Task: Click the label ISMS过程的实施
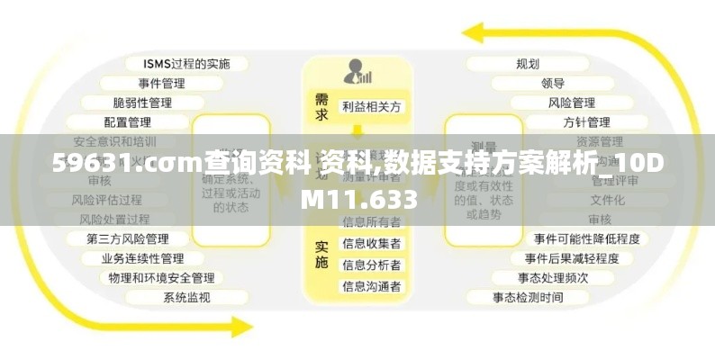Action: point(186,64)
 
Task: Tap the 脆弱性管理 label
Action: point(142,103)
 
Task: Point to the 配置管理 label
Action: point(127,121)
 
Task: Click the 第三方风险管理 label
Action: point(127,238)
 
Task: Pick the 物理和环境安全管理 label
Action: point(161,278)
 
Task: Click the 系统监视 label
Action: point(186,297)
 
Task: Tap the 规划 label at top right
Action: point(528,64)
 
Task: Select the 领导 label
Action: point(553,83)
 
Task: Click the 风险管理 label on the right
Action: point(572,103)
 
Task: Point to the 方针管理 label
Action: point(586,121)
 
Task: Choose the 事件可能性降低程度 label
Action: point(586,238)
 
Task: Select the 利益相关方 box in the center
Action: point(372,106)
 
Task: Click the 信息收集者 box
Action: point(372,243)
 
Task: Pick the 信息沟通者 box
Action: point(372,286)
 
